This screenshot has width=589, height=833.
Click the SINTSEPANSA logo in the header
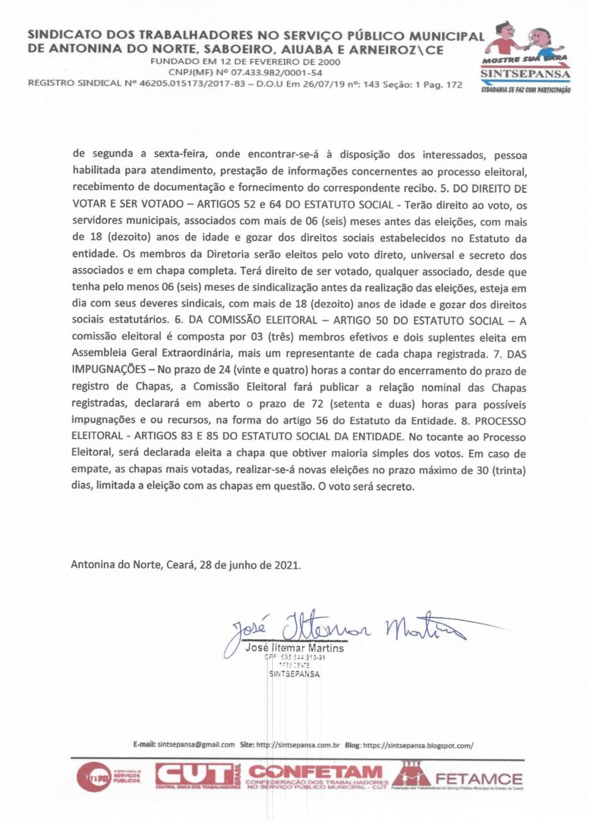pos(526,58)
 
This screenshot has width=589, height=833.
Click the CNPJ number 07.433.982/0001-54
pos(276,72)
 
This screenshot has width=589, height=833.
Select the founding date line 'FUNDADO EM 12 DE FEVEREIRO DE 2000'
pos(245,61)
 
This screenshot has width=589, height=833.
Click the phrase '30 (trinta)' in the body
pos(500,470)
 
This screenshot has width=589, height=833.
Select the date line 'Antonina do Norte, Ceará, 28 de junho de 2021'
pos(186,565)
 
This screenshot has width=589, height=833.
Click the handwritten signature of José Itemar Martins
pos(343,628)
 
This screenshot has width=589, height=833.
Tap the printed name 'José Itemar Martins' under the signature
pos(295,648)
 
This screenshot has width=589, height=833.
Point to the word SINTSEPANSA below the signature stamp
pos(294,674)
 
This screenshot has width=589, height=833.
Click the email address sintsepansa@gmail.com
pos(196,745)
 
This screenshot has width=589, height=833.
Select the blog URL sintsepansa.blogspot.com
pos(418,745)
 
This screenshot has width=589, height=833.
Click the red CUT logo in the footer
pos(197,775)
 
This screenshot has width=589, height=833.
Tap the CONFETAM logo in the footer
pos(317,776)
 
